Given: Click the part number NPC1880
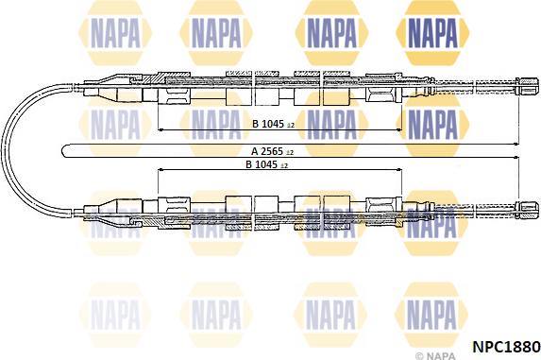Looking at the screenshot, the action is pos(506,346).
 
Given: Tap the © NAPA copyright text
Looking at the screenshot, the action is pos(435,355).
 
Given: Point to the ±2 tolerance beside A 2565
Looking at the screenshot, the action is pos(290,152).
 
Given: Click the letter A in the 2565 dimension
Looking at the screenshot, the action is pos(255,151).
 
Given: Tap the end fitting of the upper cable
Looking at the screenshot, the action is pos(527,86).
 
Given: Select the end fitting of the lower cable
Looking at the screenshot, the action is pos(527,210).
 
